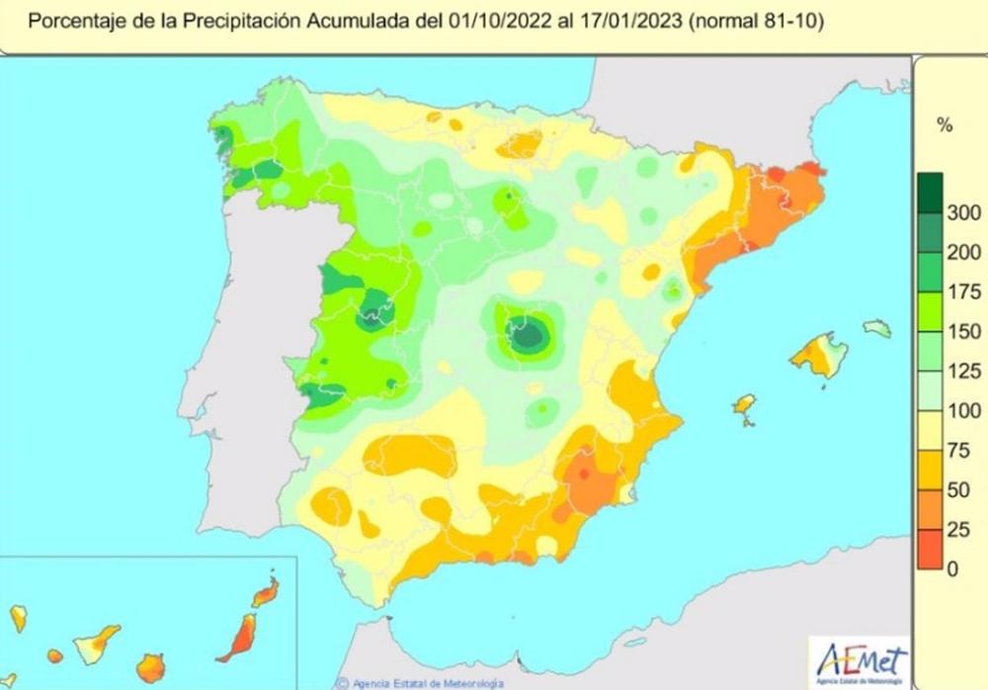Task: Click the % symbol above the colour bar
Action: pos(945,125)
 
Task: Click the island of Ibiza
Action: pos(744,405)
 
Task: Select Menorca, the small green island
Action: pos(876,328)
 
